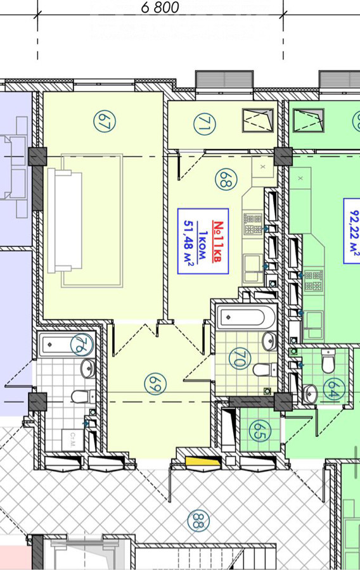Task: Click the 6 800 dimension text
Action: tap(160, 7)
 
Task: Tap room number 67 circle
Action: tap(105, 122)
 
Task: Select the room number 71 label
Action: tap(204, 124)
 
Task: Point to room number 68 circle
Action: tap(226, 180)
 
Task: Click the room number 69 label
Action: tap(156, 384)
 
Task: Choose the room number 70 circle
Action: tap(240, 359)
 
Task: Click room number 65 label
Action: tap(260, 431)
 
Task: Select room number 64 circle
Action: tap(334, 389)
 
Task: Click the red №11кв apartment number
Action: tap(217, 242)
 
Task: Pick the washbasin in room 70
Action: tap(270, 341)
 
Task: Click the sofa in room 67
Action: tap(65, 220)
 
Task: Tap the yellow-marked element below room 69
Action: tap(203, 462)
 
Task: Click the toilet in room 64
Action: tap(328, 361)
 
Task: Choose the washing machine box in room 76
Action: tap(72, 441)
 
